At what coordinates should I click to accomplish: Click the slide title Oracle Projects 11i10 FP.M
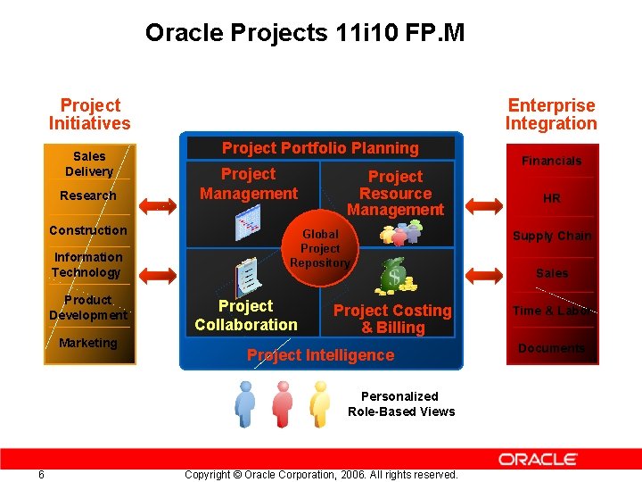pyautogui.click(x=305, y=34)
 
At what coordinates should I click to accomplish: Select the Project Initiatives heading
pyautogui.click(x=89, y=114)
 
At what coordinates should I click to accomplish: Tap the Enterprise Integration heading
pyautogui.click(x=550, y=114)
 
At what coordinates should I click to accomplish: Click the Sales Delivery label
pyautogui.click(x=88, y=163)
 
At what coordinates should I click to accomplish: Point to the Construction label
pyautogui.click(x=87, y=230)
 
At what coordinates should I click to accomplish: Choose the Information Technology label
pyautogui.click(x=86, y=264)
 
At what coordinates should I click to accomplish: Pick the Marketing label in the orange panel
pyautogui.click(x=87, y=343)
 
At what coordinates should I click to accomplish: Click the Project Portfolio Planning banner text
pyautogui.click(x=319, y=148)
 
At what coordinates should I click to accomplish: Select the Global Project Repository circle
pyautogui.click(x=320, y=248)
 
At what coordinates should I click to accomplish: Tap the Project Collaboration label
pyautogui.click(x=245, y=315)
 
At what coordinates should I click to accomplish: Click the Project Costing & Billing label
pyautogui.click(x=392, y=319)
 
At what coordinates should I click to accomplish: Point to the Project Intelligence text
pyautogui.click(x=320, y=355)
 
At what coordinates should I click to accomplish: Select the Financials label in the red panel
pyautogui.click(x=551, y=161)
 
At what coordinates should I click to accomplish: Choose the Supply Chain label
pyautogui.click(x=551, y=236)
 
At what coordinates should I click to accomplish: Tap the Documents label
pyautogui.click(x=551, y=348)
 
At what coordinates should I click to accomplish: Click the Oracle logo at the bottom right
pyautogui.click(x=538, y=459)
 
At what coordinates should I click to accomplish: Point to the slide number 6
pyautogui.click(x=41, y=474)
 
